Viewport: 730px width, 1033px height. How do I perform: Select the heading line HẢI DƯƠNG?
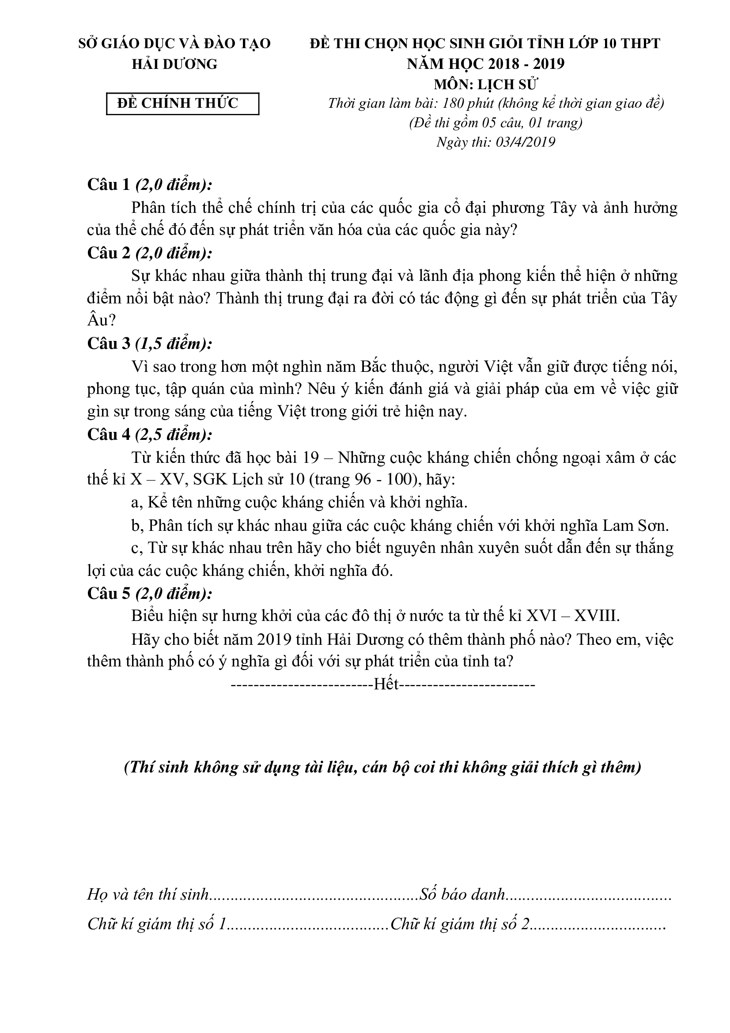coord(174,64)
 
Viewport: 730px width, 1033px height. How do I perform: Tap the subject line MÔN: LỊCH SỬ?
coord(486,84)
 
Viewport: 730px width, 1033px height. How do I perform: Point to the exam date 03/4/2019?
coord(526,142)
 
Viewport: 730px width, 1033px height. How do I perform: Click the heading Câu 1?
coord(109,185)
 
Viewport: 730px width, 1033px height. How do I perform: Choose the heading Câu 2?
coord(109,253)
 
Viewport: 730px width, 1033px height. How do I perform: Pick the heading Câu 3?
coord(109,344)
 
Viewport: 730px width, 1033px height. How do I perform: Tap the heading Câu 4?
coord(109,435)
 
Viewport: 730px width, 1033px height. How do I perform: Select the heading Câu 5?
coord(109,594)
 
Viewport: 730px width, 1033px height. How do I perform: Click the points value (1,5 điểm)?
coord(174,344)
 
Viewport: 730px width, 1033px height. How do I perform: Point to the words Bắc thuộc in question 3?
coord(393,367)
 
